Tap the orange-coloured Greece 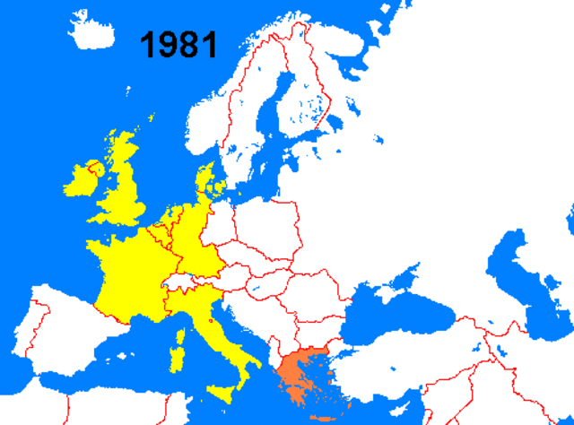(297, 372)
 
